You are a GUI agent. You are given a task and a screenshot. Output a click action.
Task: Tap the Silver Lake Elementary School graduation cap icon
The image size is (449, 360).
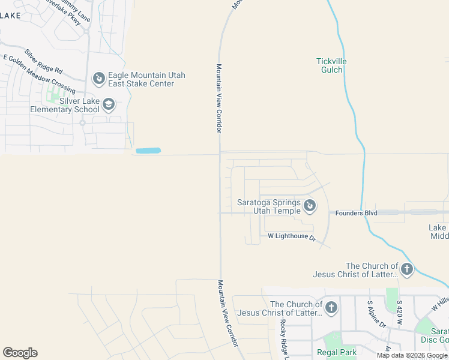coord(109,105)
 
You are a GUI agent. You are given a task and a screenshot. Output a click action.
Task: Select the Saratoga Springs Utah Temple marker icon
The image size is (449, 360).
coord(309,206)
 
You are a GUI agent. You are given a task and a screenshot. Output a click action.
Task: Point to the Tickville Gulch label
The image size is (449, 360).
coord(331,65)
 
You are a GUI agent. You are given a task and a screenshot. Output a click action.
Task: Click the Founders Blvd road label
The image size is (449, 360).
coord(356,213)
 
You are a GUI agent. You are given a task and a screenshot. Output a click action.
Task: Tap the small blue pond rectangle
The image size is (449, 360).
coord(148,150)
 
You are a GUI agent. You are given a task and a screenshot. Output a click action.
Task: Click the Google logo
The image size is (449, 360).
coord(20,353)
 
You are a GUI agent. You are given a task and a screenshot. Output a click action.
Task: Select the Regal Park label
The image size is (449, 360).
coord(337,353)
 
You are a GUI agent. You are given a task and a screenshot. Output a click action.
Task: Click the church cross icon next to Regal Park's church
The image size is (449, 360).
coord(331,308)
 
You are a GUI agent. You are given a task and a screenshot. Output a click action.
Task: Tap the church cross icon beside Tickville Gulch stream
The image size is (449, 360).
coord(407,269)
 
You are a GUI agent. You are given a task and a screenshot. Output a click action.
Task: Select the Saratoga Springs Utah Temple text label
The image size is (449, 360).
coord(268,206)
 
